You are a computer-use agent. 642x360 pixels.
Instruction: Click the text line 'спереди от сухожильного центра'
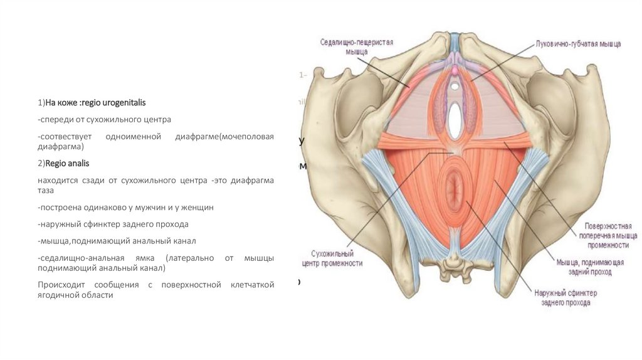click(104, 119)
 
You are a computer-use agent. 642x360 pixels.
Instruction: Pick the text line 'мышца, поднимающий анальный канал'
click(117, 241)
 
